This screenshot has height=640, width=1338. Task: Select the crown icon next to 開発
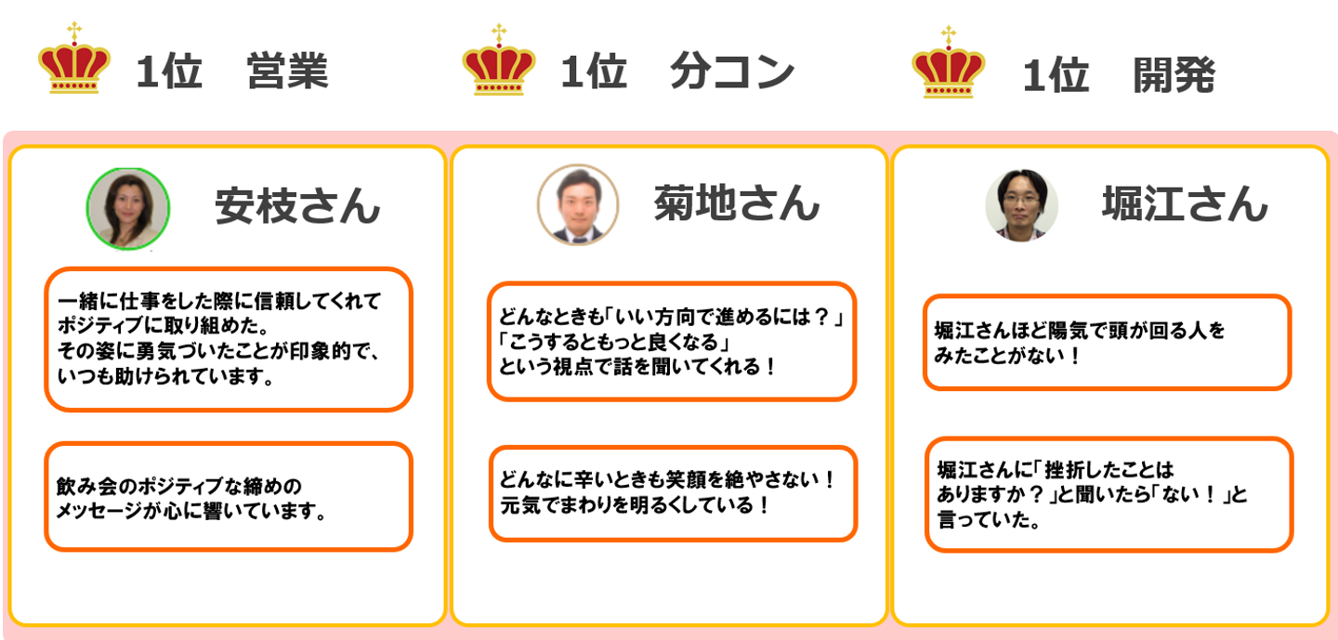949,65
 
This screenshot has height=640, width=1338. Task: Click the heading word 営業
287,72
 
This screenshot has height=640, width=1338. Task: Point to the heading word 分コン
732,72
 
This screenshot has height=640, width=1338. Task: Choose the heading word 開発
1174,74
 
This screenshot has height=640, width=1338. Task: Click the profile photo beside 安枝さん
128,209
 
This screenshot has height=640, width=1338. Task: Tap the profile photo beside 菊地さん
577,205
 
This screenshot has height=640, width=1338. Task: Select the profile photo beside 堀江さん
1021,205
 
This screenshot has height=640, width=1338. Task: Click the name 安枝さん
297,205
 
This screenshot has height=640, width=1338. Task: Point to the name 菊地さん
736,202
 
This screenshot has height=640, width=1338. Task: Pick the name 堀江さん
1185,202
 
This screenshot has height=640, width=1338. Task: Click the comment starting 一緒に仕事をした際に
228,340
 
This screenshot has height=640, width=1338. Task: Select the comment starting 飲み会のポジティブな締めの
228,497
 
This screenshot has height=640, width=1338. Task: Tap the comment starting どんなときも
671,342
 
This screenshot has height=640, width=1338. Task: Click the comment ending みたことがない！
1107,342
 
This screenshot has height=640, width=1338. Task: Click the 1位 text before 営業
169,72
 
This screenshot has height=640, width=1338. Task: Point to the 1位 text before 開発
1056,74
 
